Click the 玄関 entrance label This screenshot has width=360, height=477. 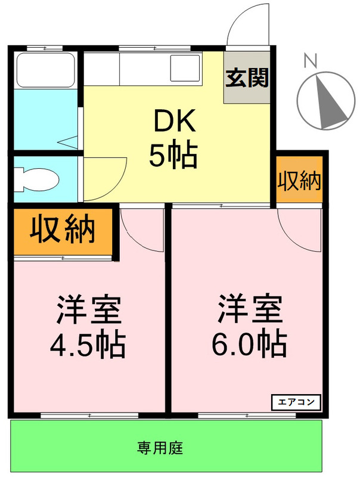pyautogui.click(x=246, y=78)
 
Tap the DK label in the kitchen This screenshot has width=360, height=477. pyautogui.click(x=175, y=122)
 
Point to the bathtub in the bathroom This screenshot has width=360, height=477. pyautogui.click(x=45, y=70)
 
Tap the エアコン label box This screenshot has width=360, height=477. pyautogui.click(x=296, y=402)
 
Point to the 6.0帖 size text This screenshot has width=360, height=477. pyautogui.click(x=249, y=343)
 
